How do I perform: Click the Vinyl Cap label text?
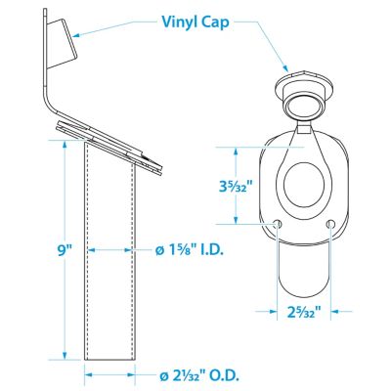[x=195, y=22]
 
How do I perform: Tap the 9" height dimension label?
[x=65, y=251]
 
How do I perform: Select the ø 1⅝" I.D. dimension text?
[x=190, y=250]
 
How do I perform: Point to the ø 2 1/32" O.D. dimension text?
[x=199, y=376]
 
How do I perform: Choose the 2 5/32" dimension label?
[x=304, y=312]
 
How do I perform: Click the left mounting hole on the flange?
[x=278, y=223]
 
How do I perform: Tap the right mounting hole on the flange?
[x=330, y=223]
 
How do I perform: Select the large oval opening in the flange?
[x=304, y=186]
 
